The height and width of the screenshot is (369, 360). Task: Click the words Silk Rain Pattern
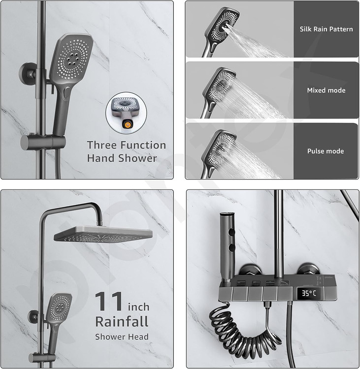tap(327, 29)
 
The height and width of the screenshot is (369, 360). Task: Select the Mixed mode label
tap(326, 90)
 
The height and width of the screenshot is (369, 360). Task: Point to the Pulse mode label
tap(326, 151)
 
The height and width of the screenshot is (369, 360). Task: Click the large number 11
tap(109, 301)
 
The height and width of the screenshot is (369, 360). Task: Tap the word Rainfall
tap(122, 322)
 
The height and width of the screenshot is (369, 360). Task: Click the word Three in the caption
tap(101, 145)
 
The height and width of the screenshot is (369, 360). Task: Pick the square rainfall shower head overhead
tap(103, 234)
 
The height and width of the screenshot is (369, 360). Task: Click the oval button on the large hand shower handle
tap(66, 92)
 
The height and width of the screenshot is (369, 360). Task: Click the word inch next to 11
tap(138, 307)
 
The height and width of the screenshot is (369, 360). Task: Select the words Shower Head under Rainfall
tap(122, 337)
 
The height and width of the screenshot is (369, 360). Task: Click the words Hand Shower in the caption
tap(122, 158)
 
